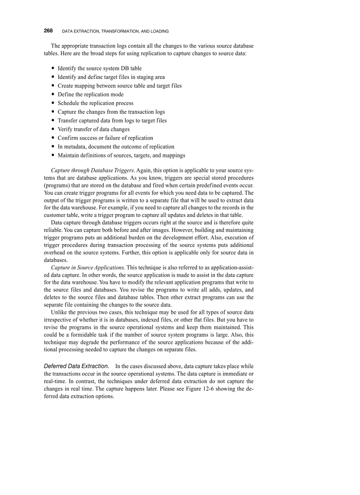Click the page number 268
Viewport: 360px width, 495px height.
48,31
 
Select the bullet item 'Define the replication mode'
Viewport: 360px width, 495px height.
90,94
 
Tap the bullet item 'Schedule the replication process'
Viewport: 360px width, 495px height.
95,103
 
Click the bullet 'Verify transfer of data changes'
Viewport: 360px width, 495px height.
94,129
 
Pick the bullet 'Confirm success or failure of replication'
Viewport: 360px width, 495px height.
105,138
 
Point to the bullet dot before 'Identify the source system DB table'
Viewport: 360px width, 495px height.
53,68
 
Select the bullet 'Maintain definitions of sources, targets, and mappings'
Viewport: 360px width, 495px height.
121,155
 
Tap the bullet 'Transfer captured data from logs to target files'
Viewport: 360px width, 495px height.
112,120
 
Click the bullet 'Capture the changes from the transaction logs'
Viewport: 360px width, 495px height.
111,112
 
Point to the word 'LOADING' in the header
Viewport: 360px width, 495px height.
158,31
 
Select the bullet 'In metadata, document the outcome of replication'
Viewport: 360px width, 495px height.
116,146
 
